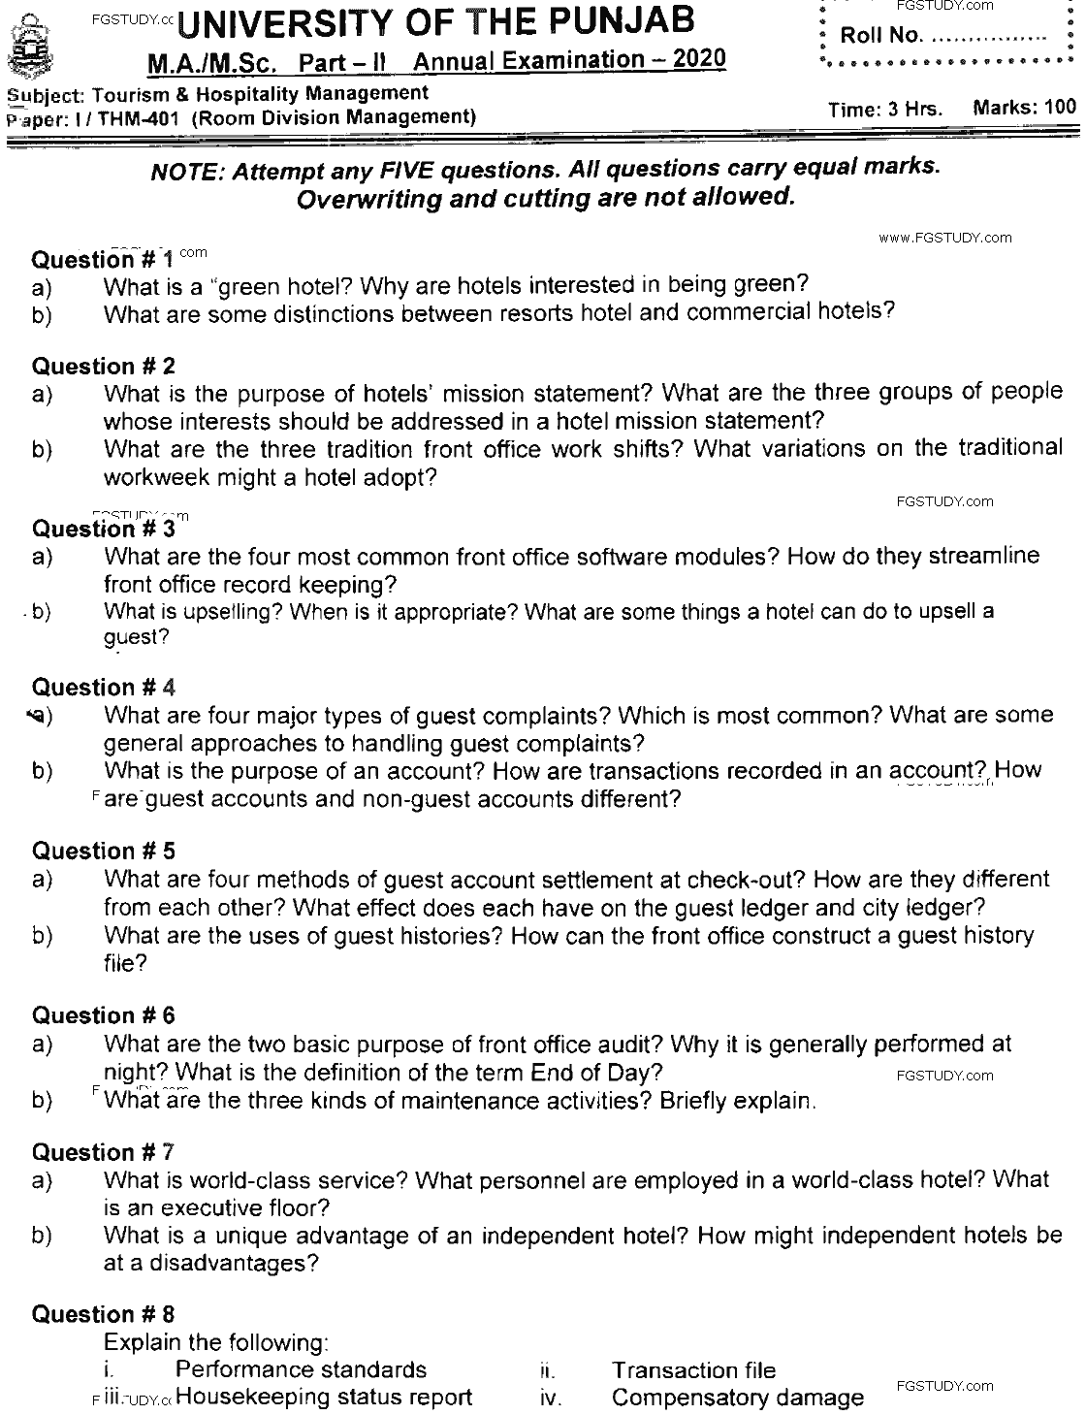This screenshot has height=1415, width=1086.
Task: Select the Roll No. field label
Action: coord(878,36)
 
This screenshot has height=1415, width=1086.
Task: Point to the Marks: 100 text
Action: coord(1024,107)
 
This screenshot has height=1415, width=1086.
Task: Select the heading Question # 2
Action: coord(104,367)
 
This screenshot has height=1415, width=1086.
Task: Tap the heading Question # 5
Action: coord(104,852)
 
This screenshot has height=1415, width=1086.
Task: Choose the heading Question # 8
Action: coord(104,1315)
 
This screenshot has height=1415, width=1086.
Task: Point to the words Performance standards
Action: coord(301,1369)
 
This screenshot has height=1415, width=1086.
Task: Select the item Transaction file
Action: coord(693,1369)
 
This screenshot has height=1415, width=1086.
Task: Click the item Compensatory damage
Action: coord(737,1398)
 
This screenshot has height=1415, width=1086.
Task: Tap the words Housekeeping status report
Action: coord(325,1398)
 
